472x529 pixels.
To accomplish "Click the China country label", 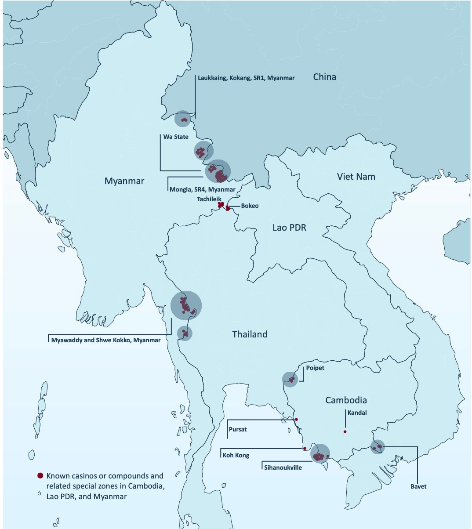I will coord(324,77).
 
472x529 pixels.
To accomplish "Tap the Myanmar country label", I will coord(124,181).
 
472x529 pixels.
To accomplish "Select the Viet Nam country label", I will coord(356,177).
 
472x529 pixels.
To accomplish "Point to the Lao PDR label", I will coord(289,228).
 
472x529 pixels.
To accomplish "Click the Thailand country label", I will coord(250,334).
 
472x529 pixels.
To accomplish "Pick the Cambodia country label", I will coord(346,400).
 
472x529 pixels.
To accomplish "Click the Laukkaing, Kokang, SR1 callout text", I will coord(246,78).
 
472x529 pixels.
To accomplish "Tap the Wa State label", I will coord(176,137).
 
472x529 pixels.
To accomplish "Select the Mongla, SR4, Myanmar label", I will coord(202,189).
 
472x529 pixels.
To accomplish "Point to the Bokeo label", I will coord(250,206).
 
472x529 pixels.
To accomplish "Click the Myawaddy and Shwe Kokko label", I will coord(105,340).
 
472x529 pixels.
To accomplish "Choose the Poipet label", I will coord(315,368).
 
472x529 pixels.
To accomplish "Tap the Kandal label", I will coord(357,413).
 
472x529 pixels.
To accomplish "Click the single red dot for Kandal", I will coord(345,432).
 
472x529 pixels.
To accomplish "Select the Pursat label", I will coord(238,429).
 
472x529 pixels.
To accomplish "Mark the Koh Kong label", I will coord(236,455).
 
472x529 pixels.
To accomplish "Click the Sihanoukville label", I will coord(283,467).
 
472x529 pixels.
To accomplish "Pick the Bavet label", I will coord(418,486).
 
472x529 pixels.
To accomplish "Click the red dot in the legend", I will coord(40,475).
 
